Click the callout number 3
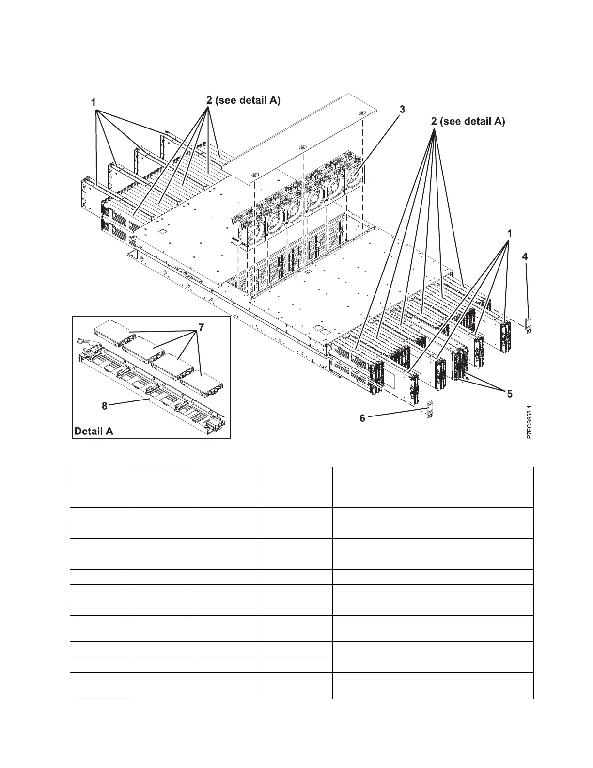click(402, 110)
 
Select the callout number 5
click(509, 394)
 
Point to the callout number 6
click(362, 418)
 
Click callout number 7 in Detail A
click(201, 327)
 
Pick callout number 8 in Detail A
click(105, 406)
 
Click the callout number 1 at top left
click(94, 103)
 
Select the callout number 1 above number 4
click(509, 234)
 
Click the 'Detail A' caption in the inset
click(94, 431)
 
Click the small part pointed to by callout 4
click(528, 325)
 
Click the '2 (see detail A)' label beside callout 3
click(468, 121)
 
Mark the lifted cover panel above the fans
click(300, 141)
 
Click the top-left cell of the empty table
click(100, 480)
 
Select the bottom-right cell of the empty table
click(433, 686)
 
